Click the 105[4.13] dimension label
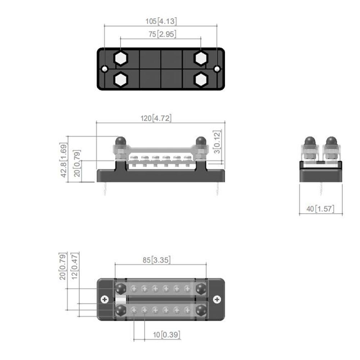[161, 21]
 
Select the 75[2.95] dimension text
[161, 35]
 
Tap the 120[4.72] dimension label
[156, 118]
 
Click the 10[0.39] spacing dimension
[166, 335]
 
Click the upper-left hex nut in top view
[120, 58]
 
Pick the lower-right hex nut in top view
[201, 79]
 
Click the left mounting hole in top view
[104, 69]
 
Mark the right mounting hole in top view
[217, 69]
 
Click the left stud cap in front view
[120, 140]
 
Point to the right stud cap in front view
[201, 140]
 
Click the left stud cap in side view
[310, 141]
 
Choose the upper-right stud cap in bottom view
[201, 288]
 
